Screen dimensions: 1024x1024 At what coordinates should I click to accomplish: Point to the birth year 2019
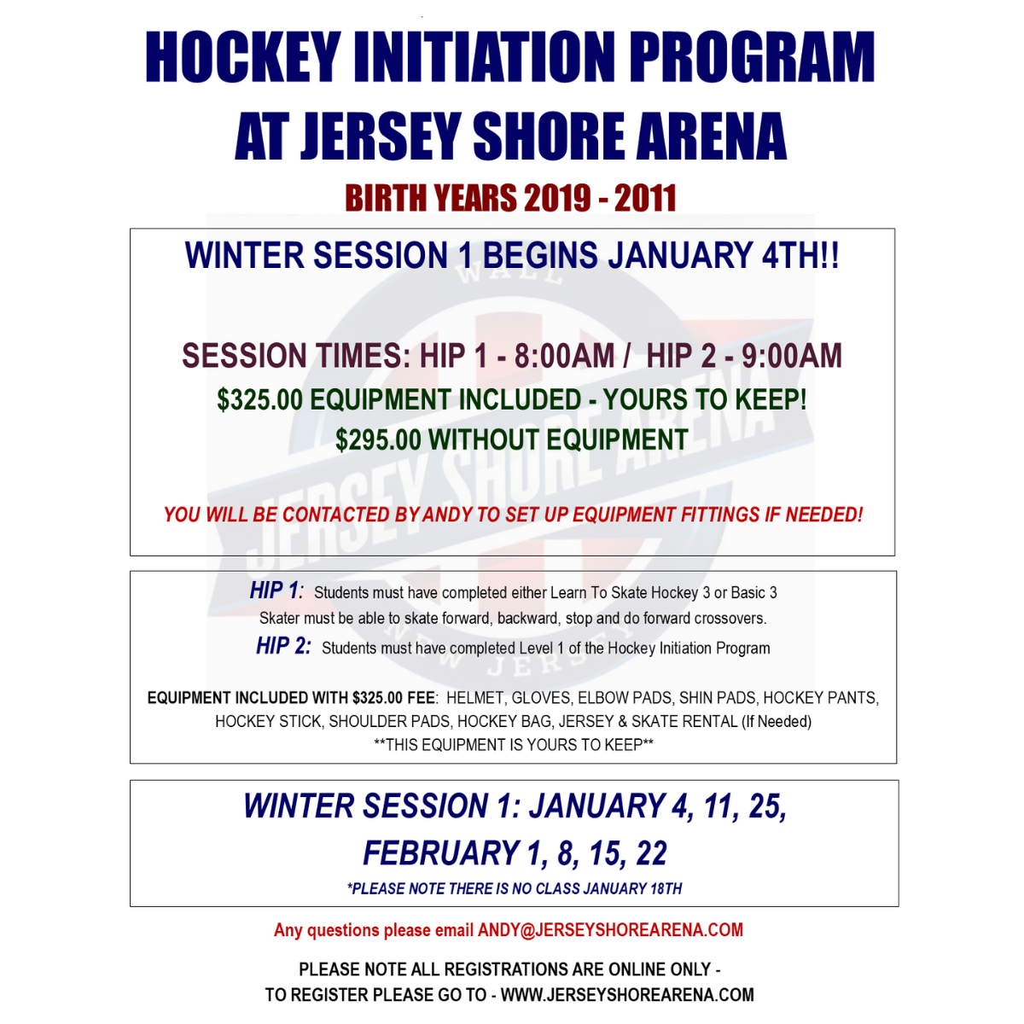557,198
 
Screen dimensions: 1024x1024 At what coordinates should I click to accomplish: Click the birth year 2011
645,198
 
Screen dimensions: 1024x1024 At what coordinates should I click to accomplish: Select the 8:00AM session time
564,356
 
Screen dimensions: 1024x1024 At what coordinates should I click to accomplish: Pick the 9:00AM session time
792,356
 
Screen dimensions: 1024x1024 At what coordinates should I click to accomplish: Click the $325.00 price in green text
259,399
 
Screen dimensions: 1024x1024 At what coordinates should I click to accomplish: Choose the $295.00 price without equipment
378,439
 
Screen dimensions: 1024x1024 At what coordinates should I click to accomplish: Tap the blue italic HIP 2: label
283,646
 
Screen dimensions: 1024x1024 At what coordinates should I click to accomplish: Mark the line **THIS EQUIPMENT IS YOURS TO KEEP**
514,745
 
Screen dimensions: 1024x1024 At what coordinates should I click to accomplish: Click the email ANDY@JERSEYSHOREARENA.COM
610,930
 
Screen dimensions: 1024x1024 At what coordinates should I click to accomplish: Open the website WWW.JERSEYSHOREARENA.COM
627,995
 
